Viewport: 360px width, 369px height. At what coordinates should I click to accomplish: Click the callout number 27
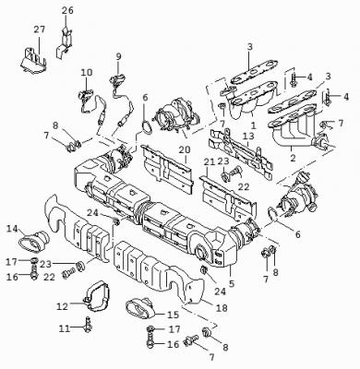click(x=40, y=30)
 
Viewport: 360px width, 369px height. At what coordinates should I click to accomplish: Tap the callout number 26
click(x=67, y=10)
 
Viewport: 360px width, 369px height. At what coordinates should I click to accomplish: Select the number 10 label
click(x=87, y=73)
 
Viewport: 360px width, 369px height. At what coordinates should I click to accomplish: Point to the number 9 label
click(x=119, y=56)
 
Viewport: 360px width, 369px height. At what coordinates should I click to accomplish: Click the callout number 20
click(x=185, y=149)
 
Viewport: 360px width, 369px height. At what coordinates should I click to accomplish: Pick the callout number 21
click(x=210, y=162)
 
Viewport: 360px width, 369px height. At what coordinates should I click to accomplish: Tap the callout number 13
click(x=248, y=136)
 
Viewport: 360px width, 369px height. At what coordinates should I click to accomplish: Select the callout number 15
click(x=174, y=315)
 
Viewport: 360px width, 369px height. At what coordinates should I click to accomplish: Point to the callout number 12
click(x=62, y=306)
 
